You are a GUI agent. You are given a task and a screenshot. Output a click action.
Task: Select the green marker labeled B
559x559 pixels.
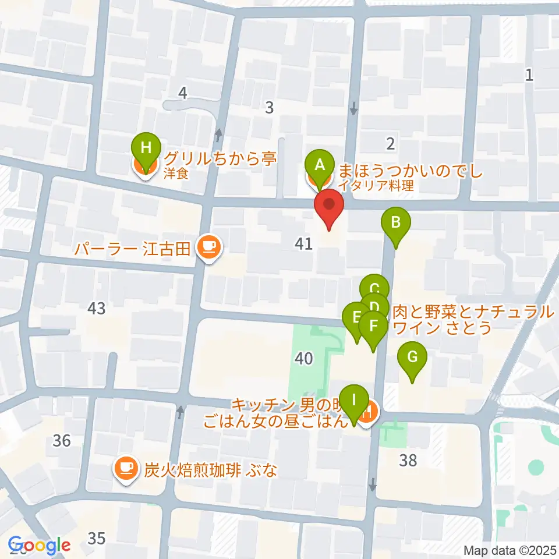(x=396, y=222)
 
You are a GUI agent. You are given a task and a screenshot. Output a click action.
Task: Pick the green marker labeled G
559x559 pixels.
(x=412, y=356)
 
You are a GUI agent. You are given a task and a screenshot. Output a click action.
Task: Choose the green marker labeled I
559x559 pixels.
(x=354, y=401)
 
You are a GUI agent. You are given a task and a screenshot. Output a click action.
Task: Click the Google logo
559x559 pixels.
(x=40, y=546)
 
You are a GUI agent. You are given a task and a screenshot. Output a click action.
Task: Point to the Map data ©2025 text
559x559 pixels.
(x=510, y=550)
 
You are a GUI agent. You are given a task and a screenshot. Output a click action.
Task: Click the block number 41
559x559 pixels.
(x=304, y=245)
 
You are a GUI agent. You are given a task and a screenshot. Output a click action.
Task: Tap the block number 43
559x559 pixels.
(x=97, y=308)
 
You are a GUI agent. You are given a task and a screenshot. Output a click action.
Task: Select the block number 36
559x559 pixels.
(x=61, y=441)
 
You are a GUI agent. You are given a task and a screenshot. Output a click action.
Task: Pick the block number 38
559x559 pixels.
(x=408, y=461)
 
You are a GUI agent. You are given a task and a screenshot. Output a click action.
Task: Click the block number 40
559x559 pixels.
(x=304, y=359)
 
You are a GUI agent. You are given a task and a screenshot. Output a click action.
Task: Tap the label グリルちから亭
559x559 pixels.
(x=220, y=159)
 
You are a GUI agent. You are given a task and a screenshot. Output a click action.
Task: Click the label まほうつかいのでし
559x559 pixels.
(x=411, y=172)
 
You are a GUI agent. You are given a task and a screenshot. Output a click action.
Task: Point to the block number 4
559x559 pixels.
(x=183, y=93)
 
